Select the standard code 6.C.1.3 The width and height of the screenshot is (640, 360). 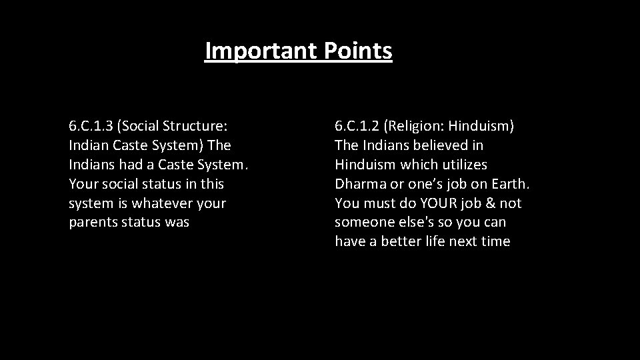pos(93,125)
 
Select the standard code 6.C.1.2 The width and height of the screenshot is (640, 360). pos(359,125)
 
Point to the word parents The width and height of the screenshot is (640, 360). pos(93,222)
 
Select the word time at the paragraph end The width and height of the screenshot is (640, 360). pos(495,241)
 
